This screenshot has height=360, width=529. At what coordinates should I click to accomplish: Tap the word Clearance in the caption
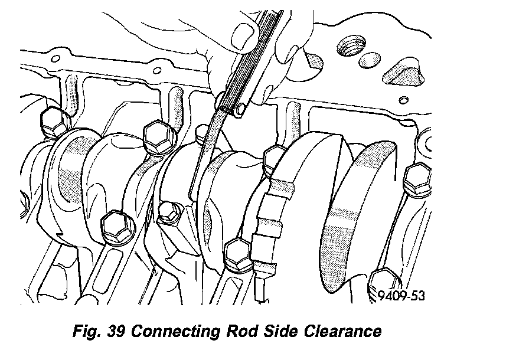tap(342, 331)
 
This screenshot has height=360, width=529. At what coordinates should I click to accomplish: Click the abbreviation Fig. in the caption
tap(86, 331)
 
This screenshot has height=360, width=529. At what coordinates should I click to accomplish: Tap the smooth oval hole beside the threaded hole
tap(370, 60)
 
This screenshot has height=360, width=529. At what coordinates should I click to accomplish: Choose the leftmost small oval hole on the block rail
tap(55, 59)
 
